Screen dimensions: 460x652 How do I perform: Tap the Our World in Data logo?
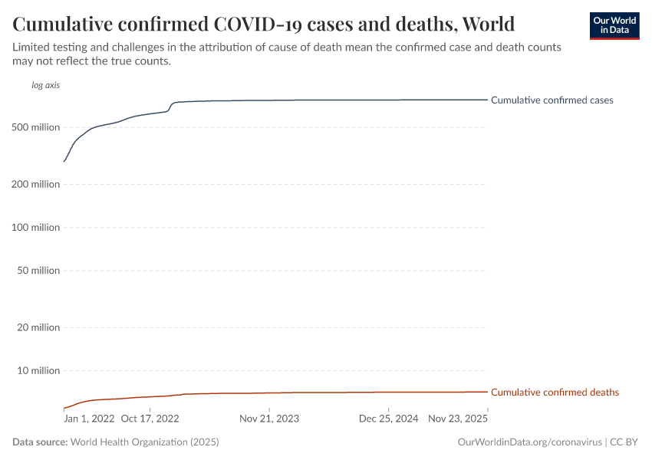(x=614, y=25)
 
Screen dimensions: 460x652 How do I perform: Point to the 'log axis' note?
(x=45, y=85)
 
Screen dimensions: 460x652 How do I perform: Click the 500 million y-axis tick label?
(x=36, y=127)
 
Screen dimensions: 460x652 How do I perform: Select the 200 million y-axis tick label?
(x=36, y=185)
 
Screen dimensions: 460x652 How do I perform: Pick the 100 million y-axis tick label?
(x=36, y=228)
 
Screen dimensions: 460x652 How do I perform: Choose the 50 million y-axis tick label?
(x=38, y=271)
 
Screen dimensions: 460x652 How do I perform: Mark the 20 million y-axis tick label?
(x=38, y=328)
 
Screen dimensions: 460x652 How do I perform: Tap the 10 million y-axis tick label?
(x=38, y=371)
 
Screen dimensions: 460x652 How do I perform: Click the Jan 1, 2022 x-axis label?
(x=89, y=419)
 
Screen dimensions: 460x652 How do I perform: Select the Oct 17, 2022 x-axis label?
(x=150, y=419)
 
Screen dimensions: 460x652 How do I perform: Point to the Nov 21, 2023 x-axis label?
(x=269, y=419)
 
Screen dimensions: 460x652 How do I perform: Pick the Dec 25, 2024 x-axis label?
(x=387, y=419)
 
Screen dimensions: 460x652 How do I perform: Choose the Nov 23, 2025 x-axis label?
(x=458, y=419)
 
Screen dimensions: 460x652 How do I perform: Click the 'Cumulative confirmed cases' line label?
(x=552, y=100)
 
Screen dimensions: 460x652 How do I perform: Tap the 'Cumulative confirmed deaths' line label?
(x=555, y=393)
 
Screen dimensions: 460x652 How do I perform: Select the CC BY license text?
(x=624, y=442)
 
